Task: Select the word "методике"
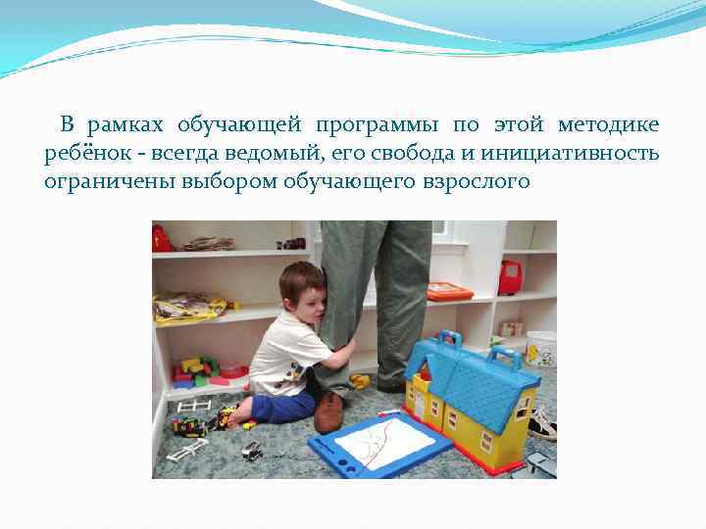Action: point(608,126)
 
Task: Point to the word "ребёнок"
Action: point(80,154)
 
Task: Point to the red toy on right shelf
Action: point(510,277)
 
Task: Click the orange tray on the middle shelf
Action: point(449,291)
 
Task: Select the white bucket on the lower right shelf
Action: point(540,348)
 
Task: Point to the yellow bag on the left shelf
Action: point(188,309)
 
